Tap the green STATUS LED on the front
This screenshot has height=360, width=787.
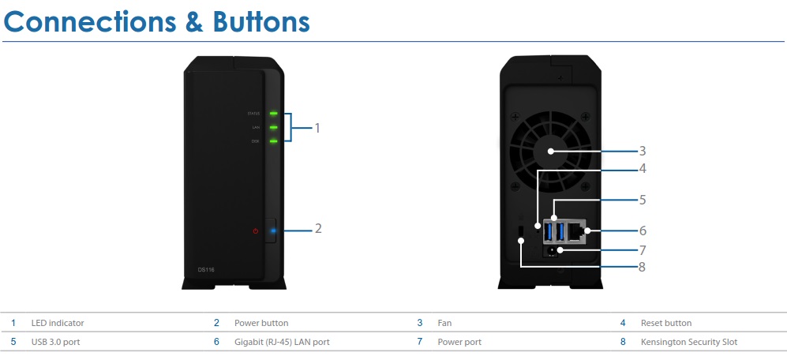tap(273, 114)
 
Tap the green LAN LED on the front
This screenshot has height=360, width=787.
tap(273, 127)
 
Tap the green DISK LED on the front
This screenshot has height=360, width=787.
tap(273, 141)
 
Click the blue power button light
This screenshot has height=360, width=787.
tap(273, 231)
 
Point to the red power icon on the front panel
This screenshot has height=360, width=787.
tap(256, 231)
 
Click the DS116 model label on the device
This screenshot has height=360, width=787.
tap(206, 270)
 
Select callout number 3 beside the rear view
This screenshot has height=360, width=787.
tap(643, 150)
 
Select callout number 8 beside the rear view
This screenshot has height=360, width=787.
tap(643, 267)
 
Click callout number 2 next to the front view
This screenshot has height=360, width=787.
tap(318, 229)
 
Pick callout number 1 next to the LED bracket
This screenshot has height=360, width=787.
tap(317, 127)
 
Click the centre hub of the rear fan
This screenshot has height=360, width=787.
tap(550, 151)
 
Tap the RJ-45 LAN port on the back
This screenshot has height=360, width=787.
tap(580, 231)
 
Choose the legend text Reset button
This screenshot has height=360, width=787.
tap(666, 323)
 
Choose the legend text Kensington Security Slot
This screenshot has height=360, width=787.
tap(689, 342)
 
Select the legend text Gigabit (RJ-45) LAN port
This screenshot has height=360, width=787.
tap(282, 342)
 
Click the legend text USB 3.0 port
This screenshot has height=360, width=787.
tap(55, 342)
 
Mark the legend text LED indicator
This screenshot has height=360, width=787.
tap(58, 323)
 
